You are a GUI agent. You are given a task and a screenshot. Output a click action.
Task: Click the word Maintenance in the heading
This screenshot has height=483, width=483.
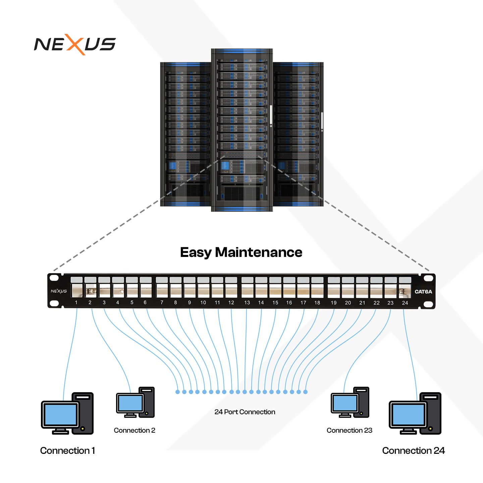point(259,252)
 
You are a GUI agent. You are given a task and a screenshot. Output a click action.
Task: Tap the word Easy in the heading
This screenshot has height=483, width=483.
point(196,253)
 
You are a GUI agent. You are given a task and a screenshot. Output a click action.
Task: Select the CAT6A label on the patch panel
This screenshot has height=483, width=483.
point(423,291)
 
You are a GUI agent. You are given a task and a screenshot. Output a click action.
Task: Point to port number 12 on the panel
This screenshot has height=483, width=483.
point(231,290)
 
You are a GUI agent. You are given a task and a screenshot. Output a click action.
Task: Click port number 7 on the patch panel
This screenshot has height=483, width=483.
point(162,290)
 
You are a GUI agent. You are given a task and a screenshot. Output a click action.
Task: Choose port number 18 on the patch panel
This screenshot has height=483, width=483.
point(317,290)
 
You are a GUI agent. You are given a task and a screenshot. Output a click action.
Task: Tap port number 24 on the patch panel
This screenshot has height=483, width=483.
point(405,291)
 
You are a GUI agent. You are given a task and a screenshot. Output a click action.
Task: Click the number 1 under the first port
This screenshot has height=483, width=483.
point(76,303)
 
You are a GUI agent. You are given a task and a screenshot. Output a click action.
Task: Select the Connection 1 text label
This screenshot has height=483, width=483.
point(67,450)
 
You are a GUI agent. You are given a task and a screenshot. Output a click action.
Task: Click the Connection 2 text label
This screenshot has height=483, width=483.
point(135,430)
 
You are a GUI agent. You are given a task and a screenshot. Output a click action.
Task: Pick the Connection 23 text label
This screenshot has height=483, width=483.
point(349,430)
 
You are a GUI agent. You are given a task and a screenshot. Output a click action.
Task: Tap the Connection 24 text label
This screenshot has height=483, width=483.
point(413,450)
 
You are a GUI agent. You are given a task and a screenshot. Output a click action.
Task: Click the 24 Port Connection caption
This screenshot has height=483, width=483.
point(245,412)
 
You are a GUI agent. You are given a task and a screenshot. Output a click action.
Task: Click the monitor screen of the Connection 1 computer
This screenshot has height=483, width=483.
point(60,415)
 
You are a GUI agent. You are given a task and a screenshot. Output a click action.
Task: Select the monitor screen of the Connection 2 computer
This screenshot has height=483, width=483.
point(130,403)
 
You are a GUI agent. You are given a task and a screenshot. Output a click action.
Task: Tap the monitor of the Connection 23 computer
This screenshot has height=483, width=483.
point(344,403)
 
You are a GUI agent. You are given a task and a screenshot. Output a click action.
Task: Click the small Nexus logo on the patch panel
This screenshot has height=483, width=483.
point(59,291)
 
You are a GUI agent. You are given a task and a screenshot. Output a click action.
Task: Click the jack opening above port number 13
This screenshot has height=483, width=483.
point(247,290)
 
